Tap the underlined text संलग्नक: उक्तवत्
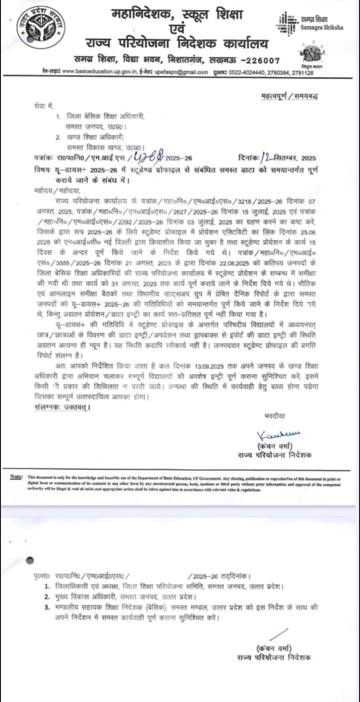pos(61,407)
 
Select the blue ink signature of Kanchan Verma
pos(278,435)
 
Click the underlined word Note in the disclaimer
pos(16,477)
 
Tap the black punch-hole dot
pos(30,560)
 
